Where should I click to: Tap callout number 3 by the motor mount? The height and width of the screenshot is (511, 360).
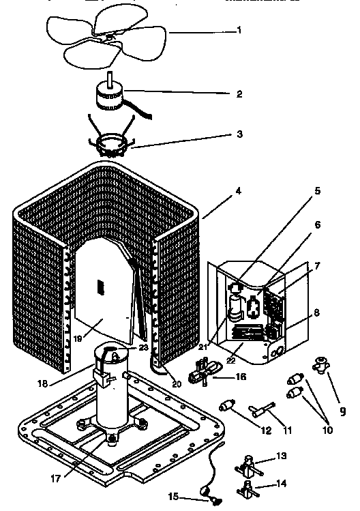click(x=239, y=134)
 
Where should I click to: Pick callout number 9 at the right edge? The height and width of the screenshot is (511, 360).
click(x=342, y=411)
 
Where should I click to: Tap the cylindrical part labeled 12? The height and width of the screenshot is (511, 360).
click(x=227, y=408)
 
